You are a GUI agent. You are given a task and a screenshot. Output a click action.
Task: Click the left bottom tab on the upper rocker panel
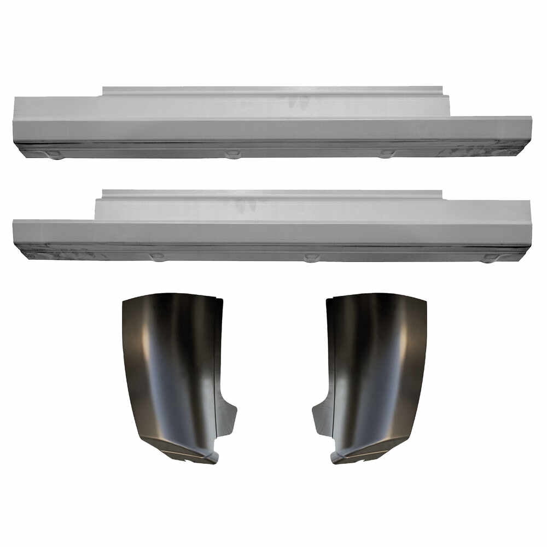click(x=55, y=155)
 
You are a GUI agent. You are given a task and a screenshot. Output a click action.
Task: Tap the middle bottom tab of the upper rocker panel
click(x=232, y=154)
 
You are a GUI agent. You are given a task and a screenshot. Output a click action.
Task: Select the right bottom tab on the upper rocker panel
click(x=387, y=154)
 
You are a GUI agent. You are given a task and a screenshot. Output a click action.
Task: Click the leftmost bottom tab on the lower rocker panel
click(x=158, y=257)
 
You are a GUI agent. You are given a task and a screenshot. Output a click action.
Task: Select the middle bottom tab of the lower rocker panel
click(x=311, y=257)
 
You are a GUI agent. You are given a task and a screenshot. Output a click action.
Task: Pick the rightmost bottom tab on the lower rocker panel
click(x=490, y=258)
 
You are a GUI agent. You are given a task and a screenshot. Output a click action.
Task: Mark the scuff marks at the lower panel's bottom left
click(x=60, y=255)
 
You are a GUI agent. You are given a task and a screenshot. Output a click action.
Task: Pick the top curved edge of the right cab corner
click(x=377, y=296)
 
